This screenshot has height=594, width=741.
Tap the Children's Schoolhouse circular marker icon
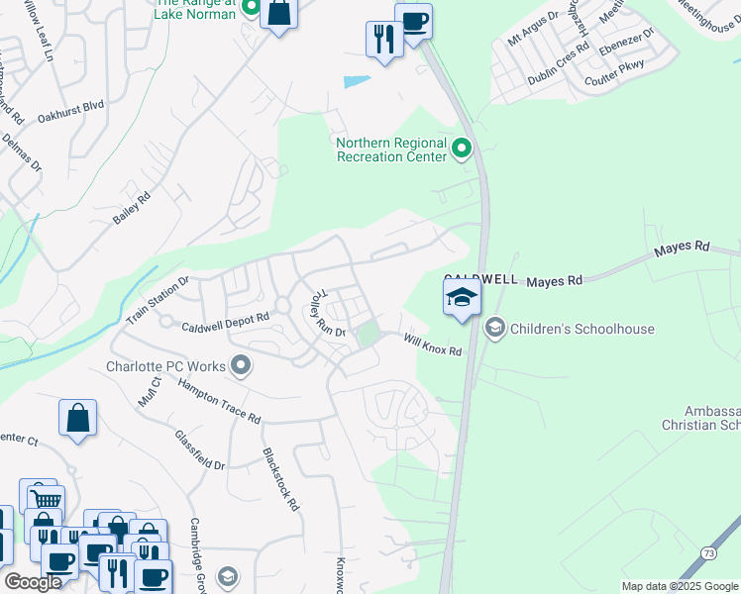(x=494, y=327)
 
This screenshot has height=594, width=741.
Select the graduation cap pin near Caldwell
(x=462, y=297)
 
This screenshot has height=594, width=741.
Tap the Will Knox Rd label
(x=432, y=345)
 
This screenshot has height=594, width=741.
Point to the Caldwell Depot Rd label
(x=225, y=322)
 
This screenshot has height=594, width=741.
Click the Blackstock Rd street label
(x=280, y=479)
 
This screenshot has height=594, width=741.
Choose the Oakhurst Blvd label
(x=70, y=112)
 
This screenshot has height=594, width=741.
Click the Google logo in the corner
(x=33, y=582)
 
